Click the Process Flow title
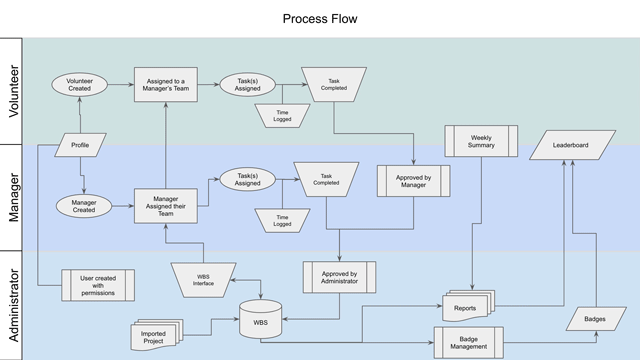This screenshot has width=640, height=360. click(x=320, y=19)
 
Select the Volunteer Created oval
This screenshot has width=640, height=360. click(x=80, y=84)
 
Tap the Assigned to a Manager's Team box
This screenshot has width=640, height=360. click(x=166, y=84)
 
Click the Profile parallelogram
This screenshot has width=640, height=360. click(x=80, y=145)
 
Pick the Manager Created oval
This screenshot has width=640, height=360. click(x=84, y=206)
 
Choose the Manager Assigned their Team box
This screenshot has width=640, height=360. click(x=166, y=206)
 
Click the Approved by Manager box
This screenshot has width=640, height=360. click(x=413, y=181)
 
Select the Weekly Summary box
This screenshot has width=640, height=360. click(x=481, y=141)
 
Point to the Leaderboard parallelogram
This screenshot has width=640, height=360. click(x=572, y=145)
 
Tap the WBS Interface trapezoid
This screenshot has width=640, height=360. click(x=203, y=280)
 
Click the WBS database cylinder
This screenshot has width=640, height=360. click(x=260, y=319)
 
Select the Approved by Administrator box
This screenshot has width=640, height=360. click(x=339, y=278)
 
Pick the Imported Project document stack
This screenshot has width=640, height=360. click(x=156, y=335)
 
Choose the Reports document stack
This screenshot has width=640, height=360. click(x=468, y=306)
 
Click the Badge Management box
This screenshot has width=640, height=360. click(x=469, y=343)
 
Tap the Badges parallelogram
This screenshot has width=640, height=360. click(x=596, y=319)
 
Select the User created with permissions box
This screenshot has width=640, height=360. click(x=98, y=285)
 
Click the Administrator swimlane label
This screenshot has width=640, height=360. click(x=14, y=305)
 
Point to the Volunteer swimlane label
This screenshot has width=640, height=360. click(x=14, y=91)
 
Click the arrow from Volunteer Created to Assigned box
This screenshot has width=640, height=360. click(x=121, y=84)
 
